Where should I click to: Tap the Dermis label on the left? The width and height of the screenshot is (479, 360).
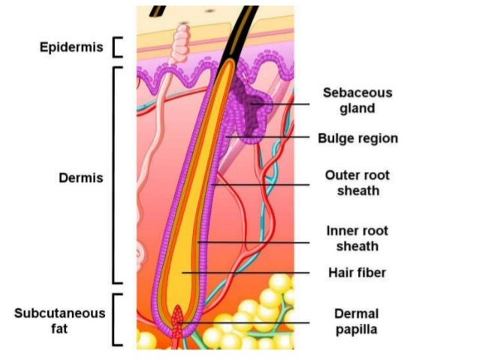(81, 178)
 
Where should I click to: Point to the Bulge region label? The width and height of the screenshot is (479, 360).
(357, 138)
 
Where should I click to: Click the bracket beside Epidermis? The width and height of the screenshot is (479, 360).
(116, 47)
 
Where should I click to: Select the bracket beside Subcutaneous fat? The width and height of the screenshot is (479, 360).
(116, 319)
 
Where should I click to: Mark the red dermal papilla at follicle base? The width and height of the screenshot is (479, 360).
(178, 321)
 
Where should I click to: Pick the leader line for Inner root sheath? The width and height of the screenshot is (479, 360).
(255, 243)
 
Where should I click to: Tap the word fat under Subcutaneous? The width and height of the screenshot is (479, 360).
(59, 328)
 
